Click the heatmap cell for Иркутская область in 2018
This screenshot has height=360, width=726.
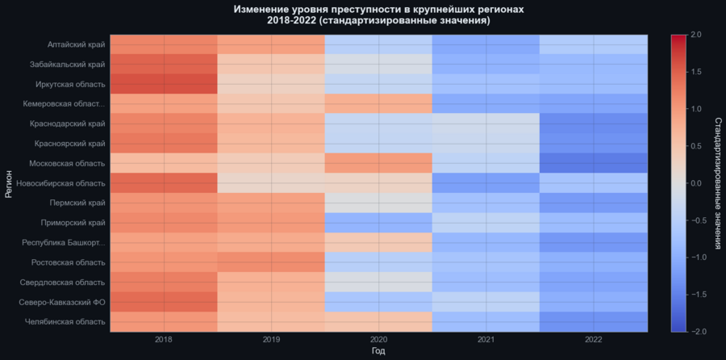coord(164,84)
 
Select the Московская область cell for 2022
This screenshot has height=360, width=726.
coord(594,163)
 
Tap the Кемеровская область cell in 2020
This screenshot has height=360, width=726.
coord(378,103)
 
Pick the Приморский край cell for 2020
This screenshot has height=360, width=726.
coord(378,222)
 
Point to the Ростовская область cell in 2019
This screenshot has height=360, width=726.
coord(271,262)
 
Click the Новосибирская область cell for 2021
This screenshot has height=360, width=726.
coord(486,182)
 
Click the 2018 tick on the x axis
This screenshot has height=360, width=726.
coord(164,339)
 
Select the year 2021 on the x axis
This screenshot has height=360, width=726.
coord(486,339)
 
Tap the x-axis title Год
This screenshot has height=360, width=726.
coord(378,352)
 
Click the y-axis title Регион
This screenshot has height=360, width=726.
coord(9,183)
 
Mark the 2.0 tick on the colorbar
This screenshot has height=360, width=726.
coord(696,35)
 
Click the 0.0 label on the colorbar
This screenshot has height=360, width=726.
coord(696,183)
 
